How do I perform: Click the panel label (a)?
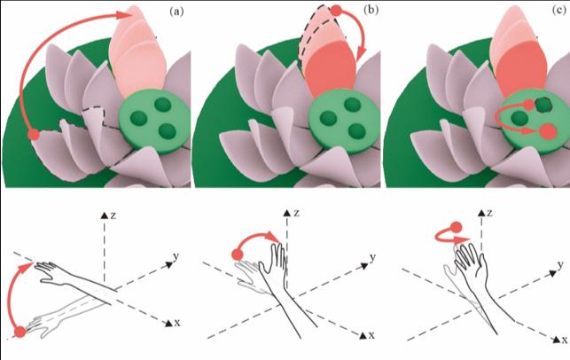176,12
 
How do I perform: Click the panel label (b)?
371,10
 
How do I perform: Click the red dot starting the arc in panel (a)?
34,135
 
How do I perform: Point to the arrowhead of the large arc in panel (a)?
124,14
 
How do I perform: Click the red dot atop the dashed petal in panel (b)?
337,11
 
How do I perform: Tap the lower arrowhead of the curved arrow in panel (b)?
360,57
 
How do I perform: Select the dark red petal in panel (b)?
330,68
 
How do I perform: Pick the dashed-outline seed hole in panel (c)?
544,106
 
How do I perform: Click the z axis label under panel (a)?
113,215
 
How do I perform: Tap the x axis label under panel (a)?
177,323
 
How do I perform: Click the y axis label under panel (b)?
372,258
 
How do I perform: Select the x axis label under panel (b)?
371,335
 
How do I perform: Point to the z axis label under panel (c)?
489,213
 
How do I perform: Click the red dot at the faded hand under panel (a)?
20,332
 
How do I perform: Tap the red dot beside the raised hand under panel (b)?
238,254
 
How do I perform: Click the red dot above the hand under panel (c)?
456,228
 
